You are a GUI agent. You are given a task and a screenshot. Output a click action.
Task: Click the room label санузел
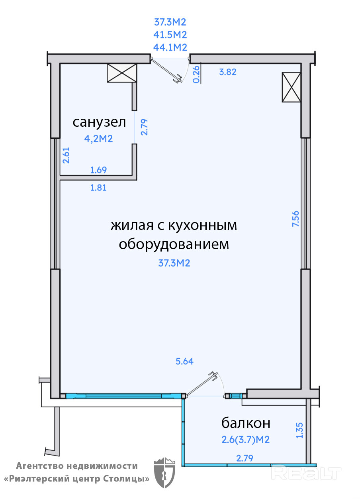(x=99, y=122)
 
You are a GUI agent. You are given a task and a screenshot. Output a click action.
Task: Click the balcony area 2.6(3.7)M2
(x=246, y=440)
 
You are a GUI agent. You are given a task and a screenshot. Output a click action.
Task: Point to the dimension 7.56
(x=295, y=219)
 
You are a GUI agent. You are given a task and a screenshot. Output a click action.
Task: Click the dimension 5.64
(x=184, y=361)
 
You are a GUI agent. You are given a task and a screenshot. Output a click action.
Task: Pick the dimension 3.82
(x=228, y=72)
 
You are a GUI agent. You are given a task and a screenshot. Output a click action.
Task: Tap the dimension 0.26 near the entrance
(x=196, y=74)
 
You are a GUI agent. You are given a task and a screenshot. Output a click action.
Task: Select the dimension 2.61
(x=67, y=155)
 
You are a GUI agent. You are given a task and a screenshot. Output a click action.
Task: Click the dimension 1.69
(x=98, y=170)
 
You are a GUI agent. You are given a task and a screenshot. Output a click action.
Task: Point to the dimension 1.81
(x=98, y=187)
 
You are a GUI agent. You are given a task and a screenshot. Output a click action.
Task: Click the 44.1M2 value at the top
(x=170, y=47)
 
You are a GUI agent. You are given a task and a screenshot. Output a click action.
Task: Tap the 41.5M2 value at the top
(x=170, y=35)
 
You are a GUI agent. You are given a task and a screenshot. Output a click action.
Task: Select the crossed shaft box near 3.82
(x=291, y=87)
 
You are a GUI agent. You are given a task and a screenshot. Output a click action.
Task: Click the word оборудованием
(x=174, y=244)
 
